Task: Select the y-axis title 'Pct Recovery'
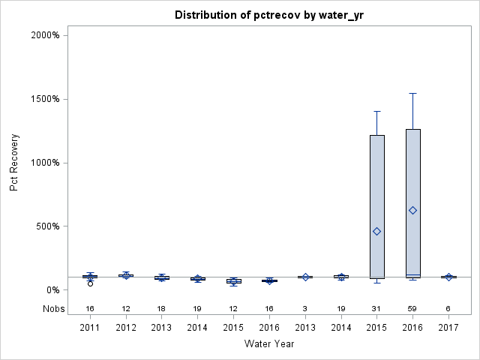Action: tap(14, 163)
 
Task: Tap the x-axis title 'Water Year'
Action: tap(268, 343)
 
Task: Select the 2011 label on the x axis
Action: tap(90, 327)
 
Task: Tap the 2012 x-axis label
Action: tap(126, 327)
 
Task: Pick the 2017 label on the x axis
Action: tap(448, 327)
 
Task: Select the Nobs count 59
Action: tap(412, 309)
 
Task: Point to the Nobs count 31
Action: tap(376, 309)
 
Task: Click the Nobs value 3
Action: tap(305, 309)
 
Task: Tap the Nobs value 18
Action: tap(161, 309)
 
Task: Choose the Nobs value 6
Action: tap(448, 309)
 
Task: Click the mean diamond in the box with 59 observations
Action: tap(412, 210)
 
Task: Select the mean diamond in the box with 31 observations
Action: tap(376, 231)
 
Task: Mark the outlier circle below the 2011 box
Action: tap(90, 283)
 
